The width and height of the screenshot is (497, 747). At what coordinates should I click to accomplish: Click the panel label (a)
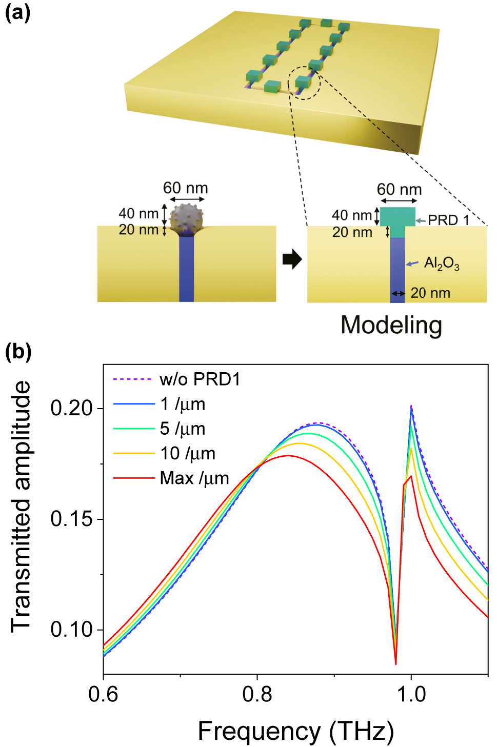pos(17,11)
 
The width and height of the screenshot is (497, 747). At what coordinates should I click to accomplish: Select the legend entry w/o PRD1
pos(200,379)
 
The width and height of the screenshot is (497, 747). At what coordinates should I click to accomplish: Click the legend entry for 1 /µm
pos(183,404)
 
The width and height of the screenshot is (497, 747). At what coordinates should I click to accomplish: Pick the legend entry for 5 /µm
pos(183,429)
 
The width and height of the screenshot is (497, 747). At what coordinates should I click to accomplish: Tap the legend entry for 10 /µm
pos(188,453)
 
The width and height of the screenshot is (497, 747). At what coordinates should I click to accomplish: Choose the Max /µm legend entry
pos(194,478)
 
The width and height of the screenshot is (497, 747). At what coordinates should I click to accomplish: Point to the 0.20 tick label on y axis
pos(71,408)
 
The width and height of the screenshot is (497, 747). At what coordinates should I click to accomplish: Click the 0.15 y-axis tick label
pos(71,519)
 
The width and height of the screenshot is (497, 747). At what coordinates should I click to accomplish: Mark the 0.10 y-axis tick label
pos(71,630)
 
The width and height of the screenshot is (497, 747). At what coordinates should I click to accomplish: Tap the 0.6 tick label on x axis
pos(103,694)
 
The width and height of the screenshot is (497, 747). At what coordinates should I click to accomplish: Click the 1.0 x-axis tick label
pos(411,694)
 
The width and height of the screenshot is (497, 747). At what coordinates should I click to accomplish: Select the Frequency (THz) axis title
pos(296,731)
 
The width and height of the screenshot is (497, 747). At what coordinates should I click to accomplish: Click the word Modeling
pos(391,325)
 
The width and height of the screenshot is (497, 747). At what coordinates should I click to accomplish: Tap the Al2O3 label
pos(441,264)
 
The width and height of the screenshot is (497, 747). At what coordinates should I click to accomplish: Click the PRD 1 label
pos(448,220)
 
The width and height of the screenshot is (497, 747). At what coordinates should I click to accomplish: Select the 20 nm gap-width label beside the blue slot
pos(430,293)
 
